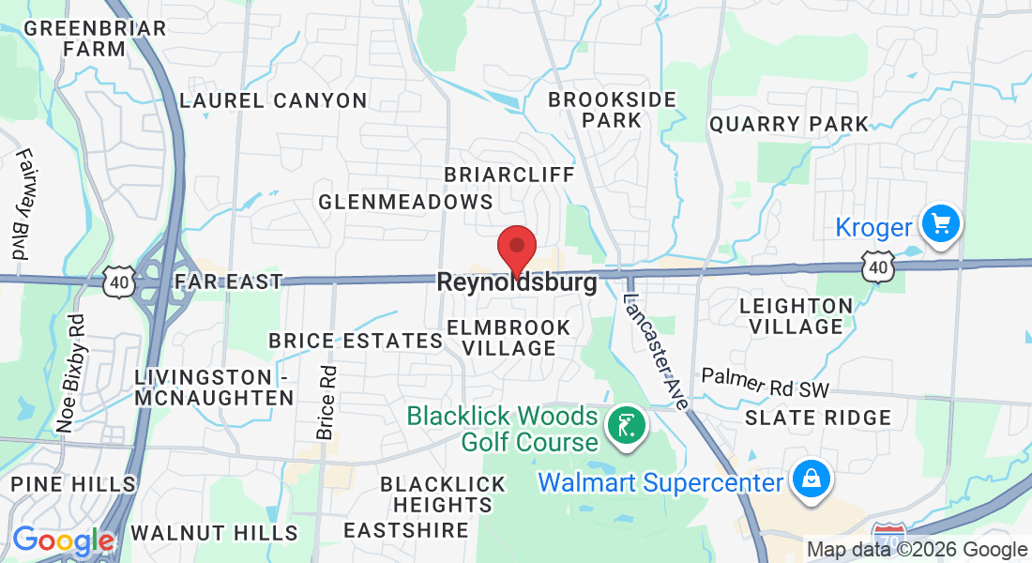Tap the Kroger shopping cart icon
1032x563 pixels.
939,225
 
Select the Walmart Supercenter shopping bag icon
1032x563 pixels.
807,479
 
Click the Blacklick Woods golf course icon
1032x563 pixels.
623,426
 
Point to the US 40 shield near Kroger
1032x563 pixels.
878,269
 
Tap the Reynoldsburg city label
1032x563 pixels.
517,282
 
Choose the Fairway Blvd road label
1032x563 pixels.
22,205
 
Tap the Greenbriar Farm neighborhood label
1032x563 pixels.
95,38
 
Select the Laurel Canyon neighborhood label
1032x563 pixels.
273,100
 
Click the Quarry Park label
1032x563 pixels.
789,124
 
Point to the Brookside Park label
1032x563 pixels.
612,110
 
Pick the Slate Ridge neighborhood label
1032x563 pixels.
818,418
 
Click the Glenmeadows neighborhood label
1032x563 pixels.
405,202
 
